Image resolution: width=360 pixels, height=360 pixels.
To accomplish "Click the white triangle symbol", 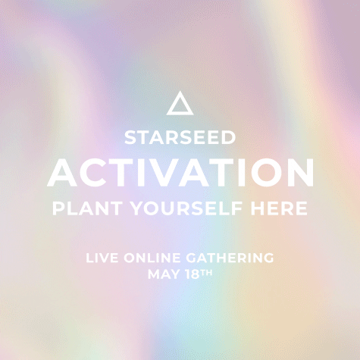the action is [180, 111].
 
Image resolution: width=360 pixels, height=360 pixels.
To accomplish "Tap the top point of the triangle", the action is [180, 91].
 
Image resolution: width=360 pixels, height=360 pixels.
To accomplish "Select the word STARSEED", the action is [180, 138].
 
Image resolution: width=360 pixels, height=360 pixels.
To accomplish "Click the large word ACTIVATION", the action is [180, 173].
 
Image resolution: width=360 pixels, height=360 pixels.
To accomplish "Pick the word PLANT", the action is [87, 208].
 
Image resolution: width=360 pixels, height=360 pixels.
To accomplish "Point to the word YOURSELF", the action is [186, 208].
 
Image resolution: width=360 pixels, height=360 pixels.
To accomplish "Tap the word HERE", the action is [279, 208].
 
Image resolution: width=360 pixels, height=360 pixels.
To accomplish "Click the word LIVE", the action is [102, 258].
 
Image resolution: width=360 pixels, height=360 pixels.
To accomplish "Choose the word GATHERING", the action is [230, 258].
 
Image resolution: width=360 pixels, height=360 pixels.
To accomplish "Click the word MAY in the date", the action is [164, 274].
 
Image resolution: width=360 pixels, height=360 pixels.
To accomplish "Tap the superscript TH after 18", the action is [206, 273].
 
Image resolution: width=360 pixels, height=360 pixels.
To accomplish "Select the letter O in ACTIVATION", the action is [261, 173].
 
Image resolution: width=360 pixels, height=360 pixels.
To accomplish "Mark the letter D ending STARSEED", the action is [229, 138].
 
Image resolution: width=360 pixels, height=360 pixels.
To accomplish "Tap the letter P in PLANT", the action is [58, 208].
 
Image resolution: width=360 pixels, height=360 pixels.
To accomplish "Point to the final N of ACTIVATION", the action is [299, 173].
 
